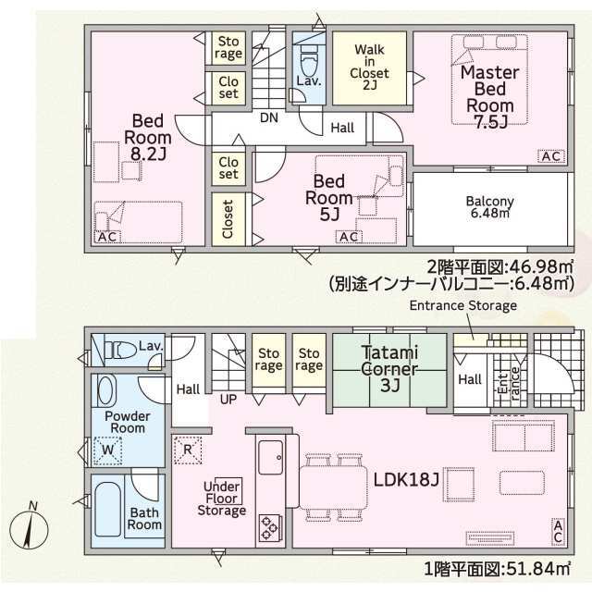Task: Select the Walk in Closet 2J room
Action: [368, 67]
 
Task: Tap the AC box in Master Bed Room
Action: [549, 157]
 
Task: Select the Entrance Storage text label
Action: [462, 305]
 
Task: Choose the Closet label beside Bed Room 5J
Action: [228, 219]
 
